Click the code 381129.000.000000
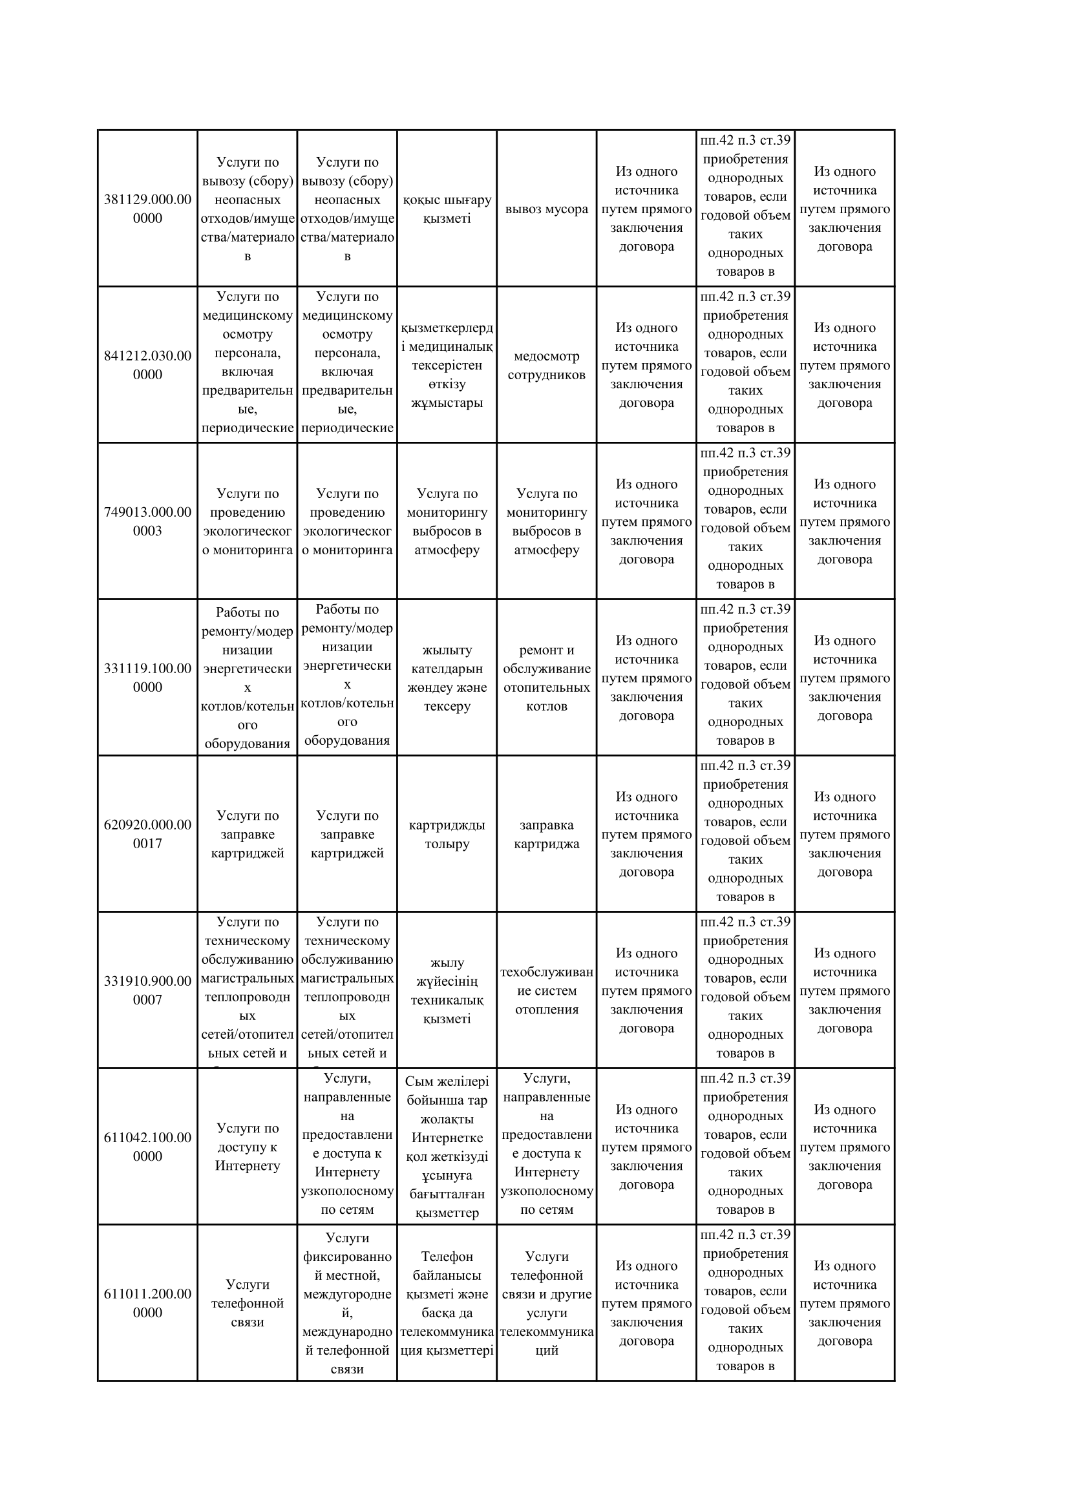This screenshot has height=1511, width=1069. point(147,209)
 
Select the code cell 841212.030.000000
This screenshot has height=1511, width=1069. point(147,365)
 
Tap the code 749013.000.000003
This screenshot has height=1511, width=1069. point(147,521)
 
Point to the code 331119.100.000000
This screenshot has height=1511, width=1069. point(147,678)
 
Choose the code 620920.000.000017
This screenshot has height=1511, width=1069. point(147,834)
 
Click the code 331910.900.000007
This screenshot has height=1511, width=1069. point(147,990)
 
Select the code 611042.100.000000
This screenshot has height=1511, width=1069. point(147,1147)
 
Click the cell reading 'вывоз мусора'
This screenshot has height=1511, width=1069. point(546,209)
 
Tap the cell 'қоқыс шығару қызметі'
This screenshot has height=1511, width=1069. point(447,209)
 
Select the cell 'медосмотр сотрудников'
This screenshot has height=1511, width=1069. point(546,366)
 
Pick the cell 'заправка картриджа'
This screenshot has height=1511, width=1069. point(546,835)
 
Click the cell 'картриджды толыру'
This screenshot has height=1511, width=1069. point(447,835)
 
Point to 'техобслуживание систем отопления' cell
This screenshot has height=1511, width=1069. point(546,991)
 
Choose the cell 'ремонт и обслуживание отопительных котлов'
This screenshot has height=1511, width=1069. point(546,678)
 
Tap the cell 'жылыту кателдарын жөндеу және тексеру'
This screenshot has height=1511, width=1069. point(447,678)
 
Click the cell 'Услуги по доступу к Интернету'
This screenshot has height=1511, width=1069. point(248,1147)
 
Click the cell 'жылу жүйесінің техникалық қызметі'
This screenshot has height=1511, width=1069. point(447,991)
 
